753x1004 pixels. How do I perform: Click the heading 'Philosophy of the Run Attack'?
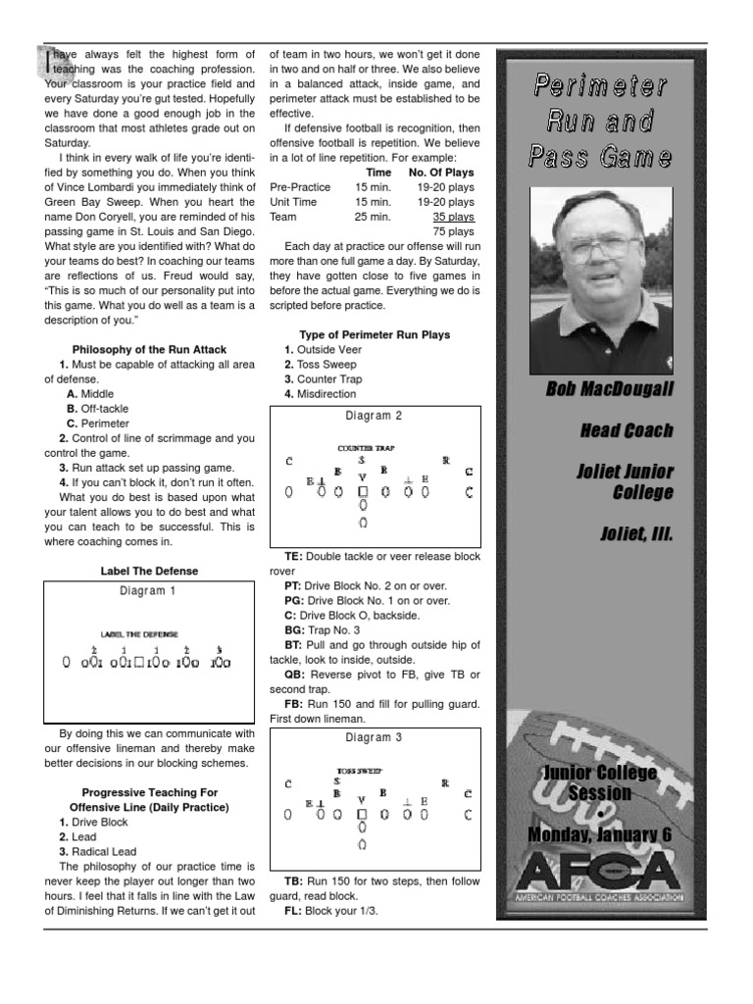click(149, 349)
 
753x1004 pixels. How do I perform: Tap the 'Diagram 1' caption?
click(149, 591)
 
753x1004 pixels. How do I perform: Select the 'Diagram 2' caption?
click(375, 416)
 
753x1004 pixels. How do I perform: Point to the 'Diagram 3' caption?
click(375, 737)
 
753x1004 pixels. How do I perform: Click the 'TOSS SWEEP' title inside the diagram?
click(360, 771)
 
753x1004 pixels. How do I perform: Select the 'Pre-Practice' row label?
click(299, 186)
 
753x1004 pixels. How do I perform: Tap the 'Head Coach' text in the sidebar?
click(626, 431)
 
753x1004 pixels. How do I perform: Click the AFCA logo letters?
click(600, 871)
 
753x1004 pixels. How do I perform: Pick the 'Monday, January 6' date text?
click(600, 834)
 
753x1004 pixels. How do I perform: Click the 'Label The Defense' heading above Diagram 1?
click(149, 571)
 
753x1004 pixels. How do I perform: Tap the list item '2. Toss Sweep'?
click(323, 364)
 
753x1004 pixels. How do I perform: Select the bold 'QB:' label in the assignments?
click(295, 675)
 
